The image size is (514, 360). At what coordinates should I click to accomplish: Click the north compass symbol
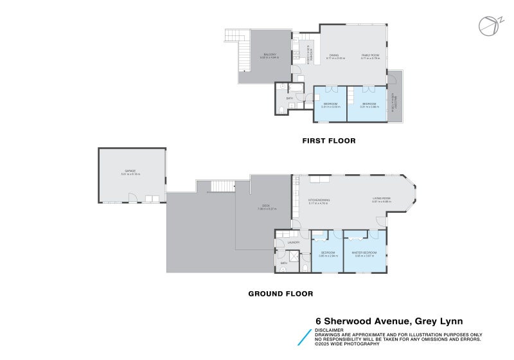click(x=488, y=24)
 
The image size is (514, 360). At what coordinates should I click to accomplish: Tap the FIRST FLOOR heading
click(x=329, y=140)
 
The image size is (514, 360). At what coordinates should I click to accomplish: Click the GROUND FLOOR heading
click(x=281, y=294)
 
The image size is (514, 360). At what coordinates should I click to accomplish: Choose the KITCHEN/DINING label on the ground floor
click(x=319, y=201)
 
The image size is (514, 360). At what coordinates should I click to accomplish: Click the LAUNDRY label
click(x=285, y=242)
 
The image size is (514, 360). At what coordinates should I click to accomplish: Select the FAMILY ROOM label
click(x=371, y=56)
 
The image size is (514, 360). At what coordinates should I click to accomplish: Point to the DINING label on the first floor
click(x=333, y=56)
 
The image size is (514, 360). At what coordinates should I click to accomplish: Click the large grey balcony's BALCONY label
click(x=269, y=56)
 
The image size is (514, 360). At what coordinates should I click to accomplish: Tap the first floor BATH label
click(x=290, y=98)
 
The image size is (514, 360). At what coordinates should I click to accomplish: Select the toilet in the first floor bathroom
click(x=282, y=110)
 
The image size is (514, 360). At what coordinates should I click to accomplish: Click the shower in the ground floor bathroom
click(x=293, y=255)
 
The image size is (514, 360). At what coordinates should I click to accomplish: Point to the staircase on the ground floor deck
click(x=222, y=186)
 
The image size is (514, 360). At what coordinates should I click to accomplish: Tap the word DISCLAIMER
click(x=329, y=330)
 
